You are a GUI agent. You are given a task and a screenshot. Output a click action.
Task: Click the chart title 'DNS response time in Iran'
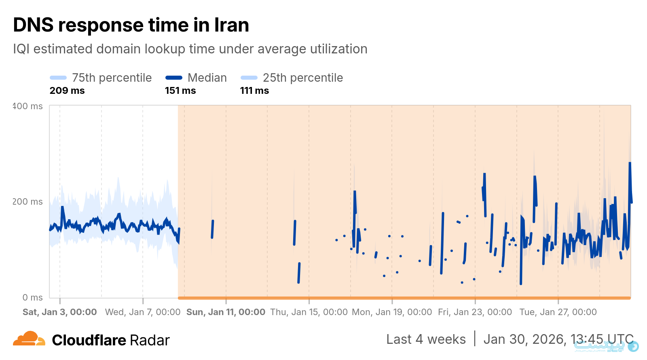point(131,25)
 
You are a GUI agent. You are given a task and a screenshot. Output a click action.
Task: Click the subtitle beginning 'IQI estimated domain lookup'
point(190,49)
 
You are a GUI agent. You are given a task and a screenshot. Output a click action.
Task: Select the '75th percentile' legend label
point(112,78)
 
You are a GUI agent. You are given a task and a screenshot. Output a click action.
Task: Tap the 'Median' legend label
point(207,78)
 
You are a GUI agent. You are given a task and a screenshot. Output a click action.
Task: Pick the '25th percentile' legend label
point(302,78)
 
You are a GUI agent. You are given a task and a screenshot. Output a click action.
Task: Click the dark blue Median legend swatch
point(174,78)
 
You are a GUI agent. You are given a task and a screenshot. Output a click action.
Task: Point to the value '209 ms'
point(67,91)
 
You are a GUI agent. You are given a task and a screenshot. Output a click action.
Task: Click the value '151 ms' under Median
point(180,91)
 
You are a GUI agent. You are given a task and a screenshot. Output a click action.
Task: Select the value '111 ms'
point(254,91)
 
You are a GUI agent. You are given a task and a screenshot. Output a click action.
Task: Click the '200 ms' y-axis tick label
point(27,201)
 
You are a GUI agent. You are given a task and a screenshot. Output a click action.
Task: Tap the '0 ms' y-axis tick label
point(32,298)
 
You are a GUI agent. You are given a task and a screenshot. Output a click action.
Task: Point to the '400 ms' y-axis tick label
point(27,106)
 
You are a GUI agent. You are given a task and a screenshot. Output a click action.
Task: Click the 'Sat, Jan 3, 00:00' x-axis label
point(60,312)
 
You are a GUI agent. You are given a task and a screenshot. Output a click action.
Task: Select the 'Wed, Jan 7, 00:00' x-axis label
point(143,312)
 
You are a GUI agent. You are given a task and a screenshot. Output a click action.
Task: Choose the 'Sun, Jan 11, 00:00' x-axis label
point(226,312)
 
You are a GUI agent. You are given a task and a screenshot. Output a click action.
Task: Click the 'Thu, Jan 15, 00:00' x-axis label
point(309,312)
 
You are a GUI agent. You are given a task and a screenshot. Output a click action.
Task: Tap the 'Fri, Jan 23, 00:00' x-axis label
point(475,312)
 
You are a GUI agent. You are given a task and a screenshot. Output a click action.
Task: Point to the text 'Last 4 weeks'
point(426,339)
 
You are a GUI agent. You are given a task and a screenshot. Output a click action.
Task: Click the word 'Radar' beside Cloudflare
point(150,341)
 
